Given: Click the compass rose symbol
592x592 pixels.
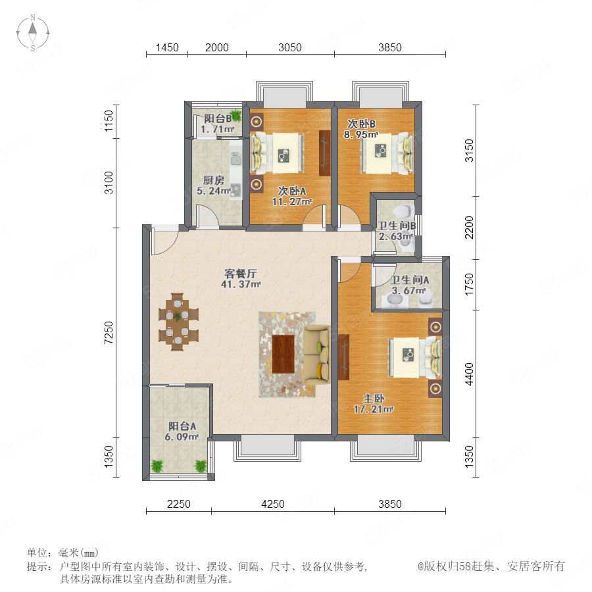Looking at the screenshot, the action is (x=33, y=33).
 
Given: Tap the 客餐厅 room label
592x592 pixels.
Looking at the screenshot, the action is (x=241, y=274).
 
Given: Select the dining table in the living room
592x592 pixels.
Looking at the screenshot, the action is (x=178, y=322).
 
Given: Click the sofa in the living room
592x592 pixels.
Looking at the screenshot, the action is (x=317, y=354).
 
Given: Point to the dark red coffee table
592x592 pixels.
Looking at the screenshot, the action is (x=283, y=354).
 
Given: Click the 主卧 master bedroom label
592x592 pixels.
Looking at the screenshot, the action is (x=374, y=399).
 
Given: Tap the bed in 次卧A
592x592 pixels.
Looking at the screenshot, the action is (x=277, y=153).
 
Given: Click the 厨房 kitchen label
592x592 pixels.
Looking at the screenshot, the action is (x=213, y=180).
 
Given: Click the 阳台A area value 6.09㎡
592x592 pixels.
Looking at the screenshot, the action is (x=182, y=437).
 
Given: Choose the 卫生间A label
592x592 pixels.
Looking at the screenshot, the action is (x=410, y=280).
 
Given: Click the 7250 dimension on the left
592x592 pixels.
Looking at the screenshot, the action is (x=109, y=332).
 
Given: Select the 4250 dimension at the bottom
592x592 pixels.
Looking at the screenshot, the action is (x=273, y=504).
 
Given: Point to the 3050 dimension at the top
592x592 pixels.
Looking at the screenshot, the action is (x=290, y=47).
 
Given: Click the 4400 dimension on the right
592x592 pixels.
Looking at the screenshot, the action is (x=469, y=374).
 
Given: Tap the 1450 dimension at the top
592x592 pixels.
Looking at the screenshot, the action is (x=167, y=47).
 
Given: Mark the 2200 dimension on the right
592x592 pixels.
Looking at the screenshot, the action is (x=469, y=228).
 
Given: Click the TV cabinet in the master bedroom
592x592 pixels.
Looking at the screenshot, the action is (x=344, y=357).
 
